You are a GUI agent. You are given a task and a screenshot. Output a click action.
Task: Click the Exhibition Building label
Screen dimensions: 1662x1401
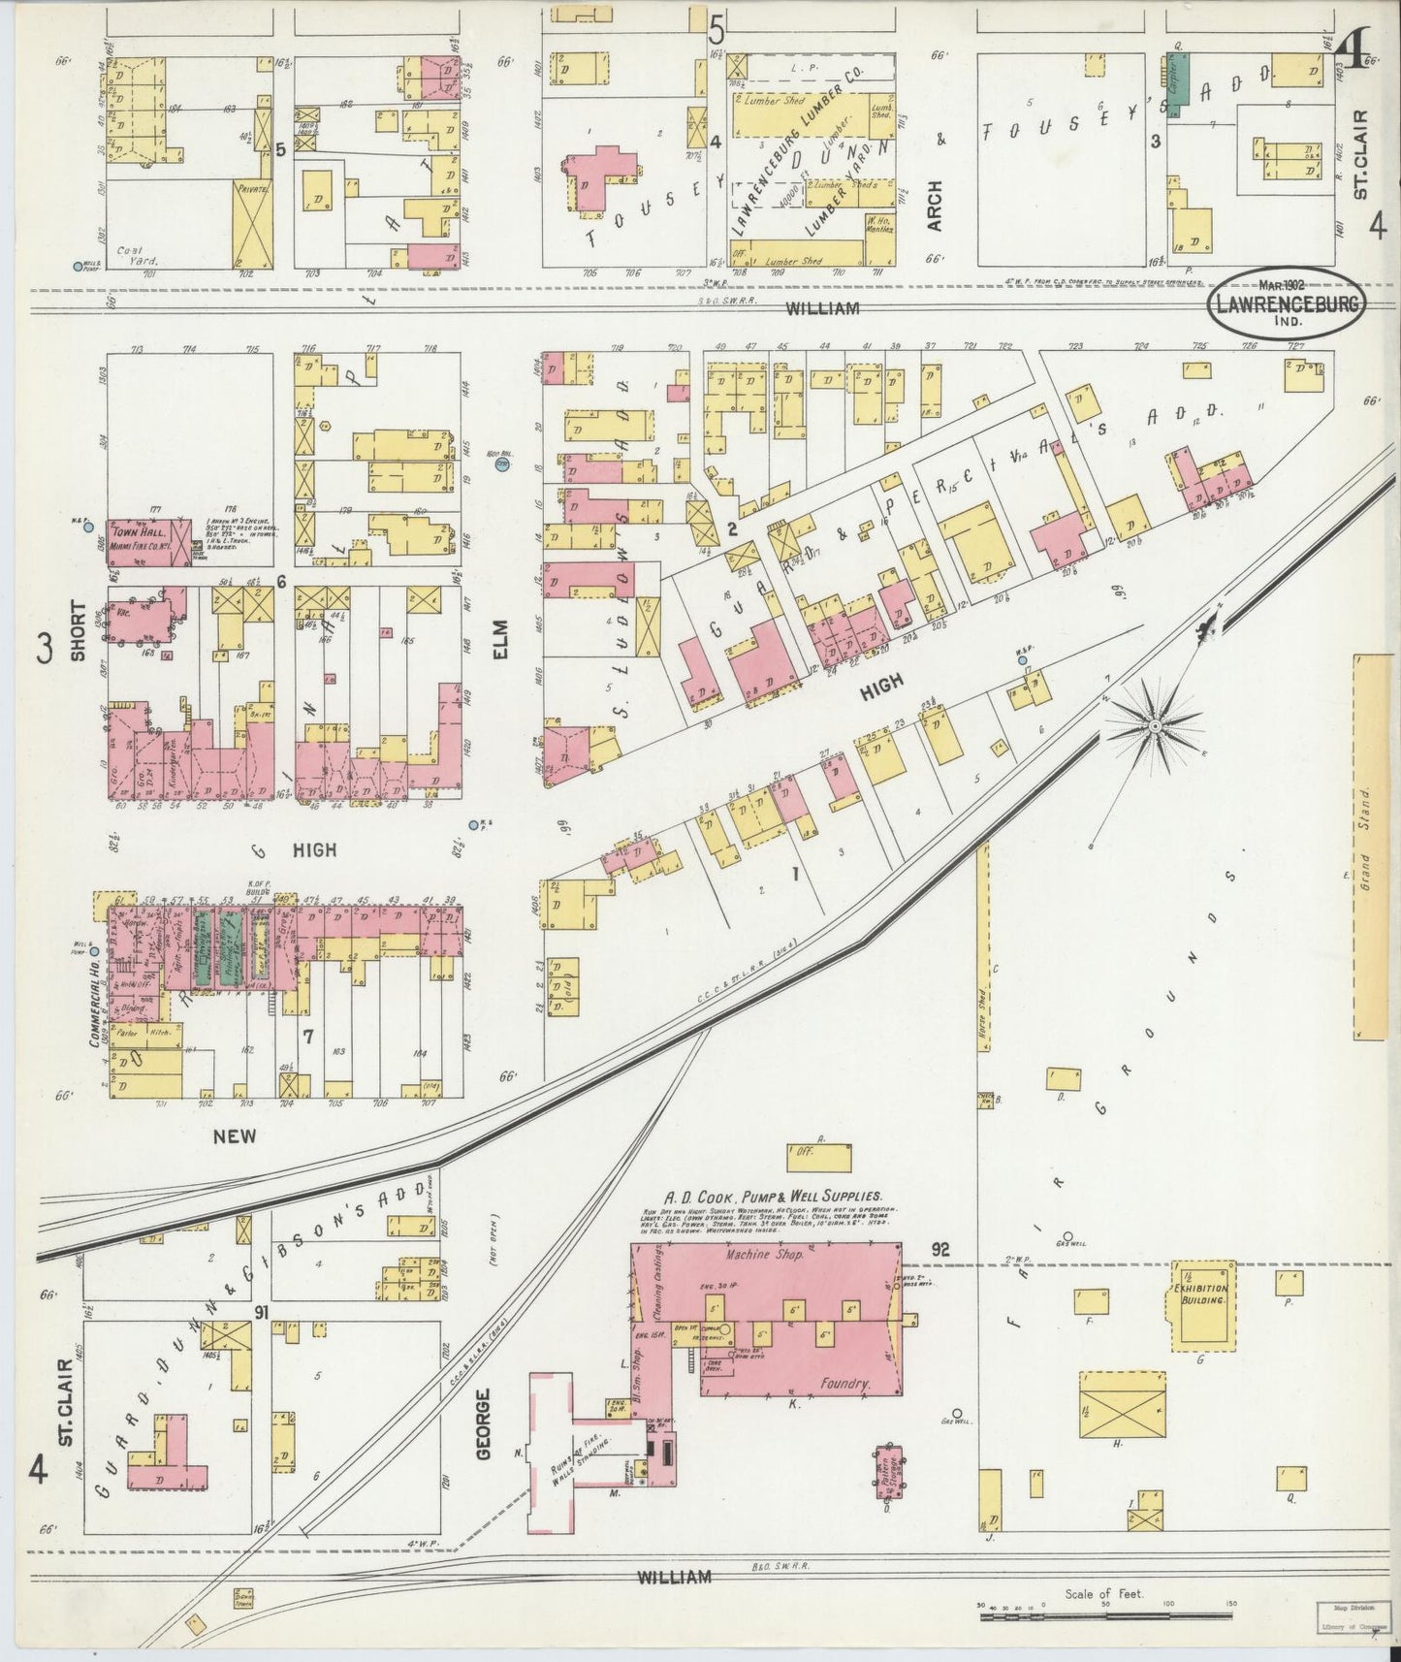point(1203,1298)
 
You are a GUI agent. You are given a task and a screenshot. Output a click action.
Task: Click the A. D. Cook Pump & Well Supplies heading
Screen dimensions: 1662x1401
point(772,1198)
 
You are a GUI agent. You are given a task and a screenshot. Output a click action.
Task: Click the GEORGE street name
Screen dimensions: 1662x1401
point(485,1422)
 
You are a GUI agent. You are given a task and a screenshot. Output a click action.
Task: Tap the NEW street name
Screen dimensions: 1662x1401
point(235,1136)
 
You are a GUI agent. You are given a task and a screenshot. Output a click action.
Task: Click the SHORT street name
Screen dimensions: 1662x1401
point(78,631)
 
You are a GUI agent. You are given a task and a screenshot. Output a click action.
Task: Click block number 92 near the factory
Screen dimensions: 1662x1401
point(939,1250)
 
